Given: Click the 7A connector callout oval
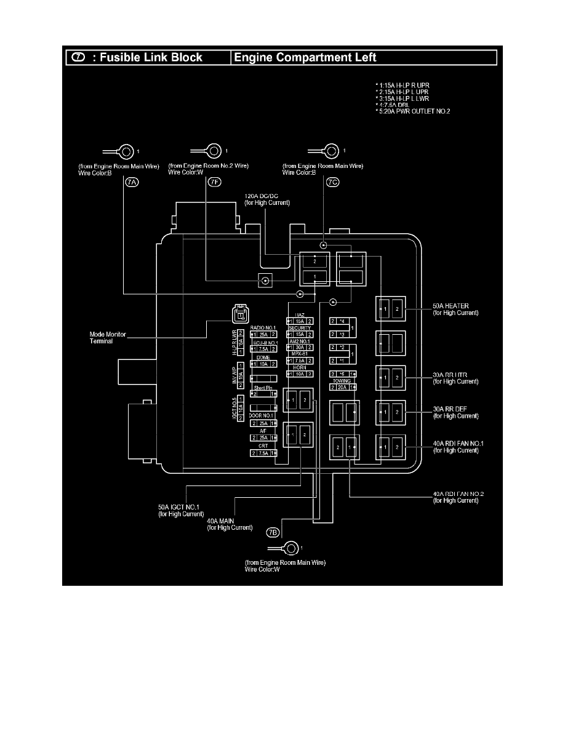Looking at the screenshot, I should click(132, 183).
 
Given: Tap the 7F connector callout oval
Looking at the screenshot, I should click(214, 183).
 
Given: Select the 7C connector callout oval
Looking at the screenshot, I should click(333, 183).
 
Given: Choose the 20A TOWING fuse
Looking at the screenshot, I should click(343, 386).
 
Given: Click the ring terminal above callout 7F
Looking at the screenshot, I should click(215, 150).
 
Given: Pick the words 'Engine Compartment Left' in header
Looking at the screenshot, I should click(305, 58).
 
